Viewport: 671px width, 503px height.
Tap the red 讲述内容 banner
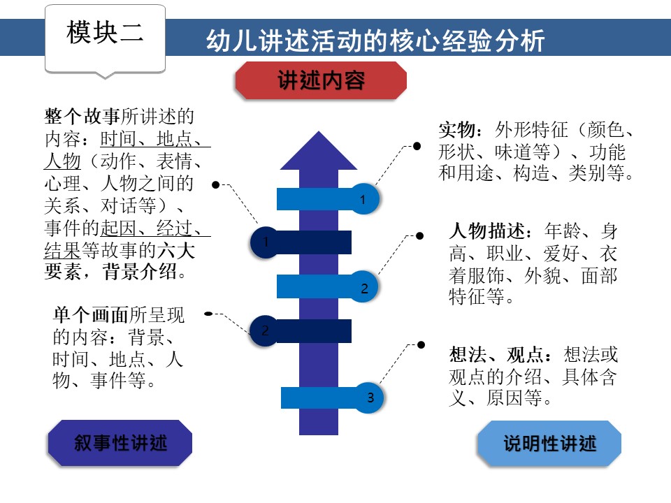[x=321, y=80]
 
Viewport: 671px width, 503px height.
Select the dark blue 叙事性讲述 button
[x=120, y=442]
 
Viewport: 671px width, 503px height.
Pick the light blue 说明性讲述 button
[x=549, y=443]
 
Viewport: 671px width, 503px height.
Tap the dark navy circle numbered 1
[x=266, y=242]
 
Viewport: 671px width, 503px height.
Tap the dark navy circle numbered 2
[x=265, y=330]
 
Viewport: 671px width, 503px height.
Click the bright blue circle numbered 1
[x=363, y=199]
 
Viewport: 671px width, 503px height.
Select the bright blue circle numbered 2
[x=363, y=286]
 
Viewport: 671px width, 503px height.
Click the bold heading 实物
[x=458, y=131]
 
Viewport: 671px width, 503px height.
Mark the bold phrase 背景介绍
[x=140, y=271]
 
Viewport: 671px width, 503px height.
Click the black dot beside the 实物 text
[x=417, y=146]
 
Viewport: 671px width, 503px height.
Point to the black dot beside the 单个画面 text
[x=208, y=314]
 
